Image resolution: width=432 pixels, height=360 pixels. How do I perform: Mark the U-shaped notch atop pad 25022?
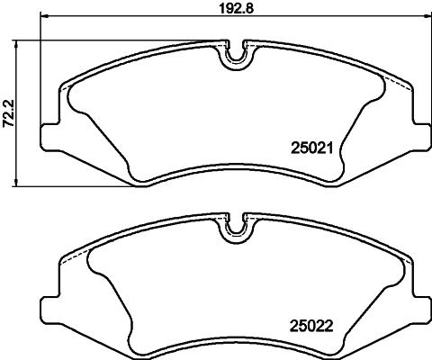point(235,229)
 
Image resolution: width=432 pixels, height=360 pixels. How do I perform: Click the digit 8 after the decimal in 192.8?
point(247,13)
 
